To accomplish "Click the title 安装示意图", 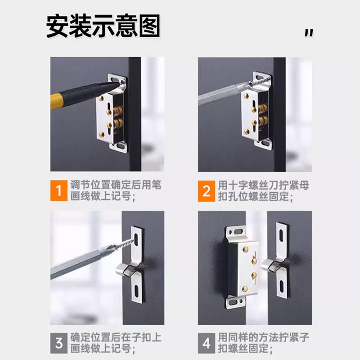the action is (103, 26).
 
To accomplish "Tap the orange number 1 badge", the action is (59, 190).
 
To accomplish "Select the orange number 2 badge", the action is (207, 191).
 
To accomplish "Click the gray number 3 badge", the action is (59, 343).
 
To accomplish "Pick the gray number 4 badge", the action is (207, 343).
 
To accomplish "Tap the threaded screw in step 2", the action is (261, 81).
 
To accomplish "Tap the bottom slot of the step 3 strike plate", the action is (136, 291).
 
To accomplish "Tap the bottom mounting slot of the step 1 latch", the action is (120, 145).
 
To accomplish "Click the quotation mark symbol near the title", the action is (309, 33).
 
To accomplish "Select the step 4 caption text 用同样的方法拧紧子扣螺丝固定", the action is (263, 343).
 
